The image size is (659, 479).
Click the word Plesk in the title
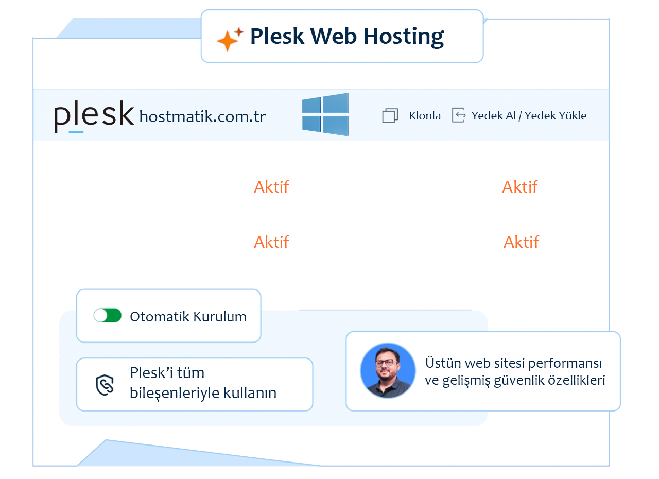[277, 36]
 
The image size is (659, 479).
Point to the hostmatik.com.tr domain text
[202, 117]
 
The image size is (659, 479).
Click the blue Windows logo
[325, 114]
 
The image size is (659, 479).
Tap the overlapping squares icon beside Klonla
[390, 116]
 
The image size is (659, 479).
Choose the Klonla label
[425, 116]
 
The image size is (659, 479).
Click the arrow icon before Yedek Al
[458, 115]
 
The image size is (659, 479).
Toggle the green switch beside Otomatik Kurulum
[107, 316]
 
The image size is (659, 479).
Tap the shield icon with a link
[105, 385]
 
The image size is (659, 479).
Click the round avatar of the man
[388, 371]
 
